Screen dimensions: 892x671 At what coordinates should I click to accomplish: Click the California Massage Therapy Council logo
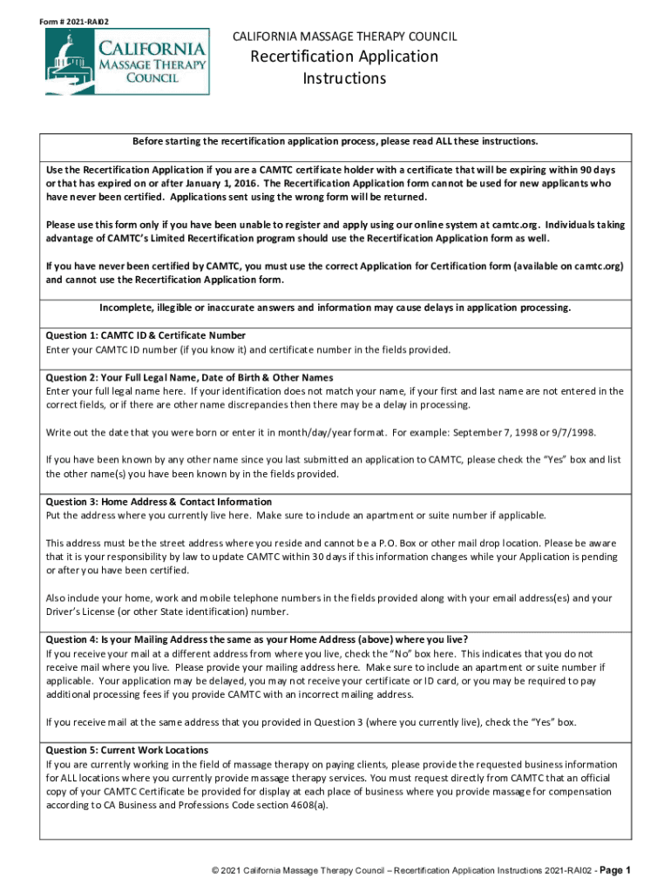[x=127, y=61]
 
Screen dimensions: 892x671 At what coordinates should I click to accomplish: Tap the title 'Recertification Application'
[x=344, y=57]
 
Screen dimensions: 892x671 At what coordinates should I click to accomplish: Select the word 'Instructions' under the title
[x=344, y=78]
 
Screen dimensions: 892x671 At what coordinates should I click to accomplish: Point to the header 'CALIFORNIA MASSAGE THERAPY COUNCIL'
[x=344, y=36]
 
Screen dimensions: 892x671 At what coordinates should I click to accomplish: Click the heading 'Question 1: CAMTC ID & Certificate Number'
[x=146, y=335]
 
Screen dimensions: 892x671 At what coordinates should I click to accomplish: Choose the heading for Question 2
[x=189, y=377]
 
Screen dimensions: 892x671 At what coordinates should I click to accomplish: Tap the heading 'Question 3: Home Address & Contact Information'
[x=159, y=502]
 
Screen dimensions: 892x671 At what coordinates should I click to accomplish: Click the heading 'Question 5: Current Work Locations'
[x=127, y=750]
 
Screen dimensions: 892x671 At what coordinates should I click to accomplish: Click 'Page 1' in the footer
[x=613, y=870]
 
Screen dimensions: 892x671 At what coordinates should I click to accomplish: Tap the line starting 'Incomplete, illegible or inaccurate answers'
[x=335, y=307]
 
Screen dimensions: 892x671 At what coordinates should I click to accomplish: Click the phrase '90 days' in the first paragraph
[x=596, y=169]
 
